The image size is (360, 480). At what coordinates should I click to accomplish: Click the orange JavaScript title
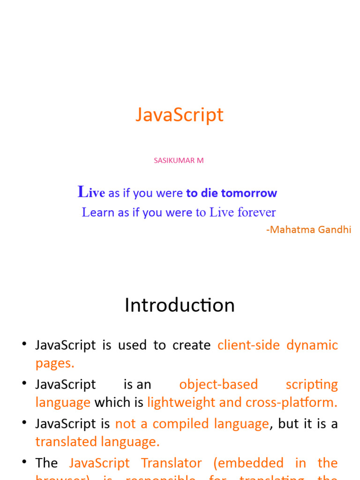click(x=180, y=115)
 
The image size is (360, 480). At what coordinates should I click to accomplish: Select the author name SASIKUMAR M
click(x=179, y=160)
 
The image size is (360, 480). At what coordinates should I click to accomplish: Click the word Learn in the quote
click(x=98, y=212)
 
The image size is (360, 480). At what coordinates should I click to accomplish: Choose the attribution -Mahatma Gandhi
click(x=308, y=230)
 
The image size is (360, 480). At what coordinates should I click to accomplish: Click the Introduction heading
click(x=180, y=305)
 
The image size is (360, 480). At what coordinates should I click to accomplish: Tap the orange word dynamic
click(x=312, y=345)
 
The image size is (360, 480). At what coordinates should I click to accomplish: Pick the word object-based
click(x=218, y=384)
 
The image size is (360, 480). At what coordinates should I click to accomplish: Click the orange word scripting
click(x=312, y=384)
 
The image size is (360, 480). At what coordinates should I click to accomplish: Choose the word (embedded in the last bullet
click(x=248, y=463)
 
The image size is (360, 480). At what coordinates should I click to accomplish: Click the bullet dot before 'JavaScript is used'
click(x=24, y=345)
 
